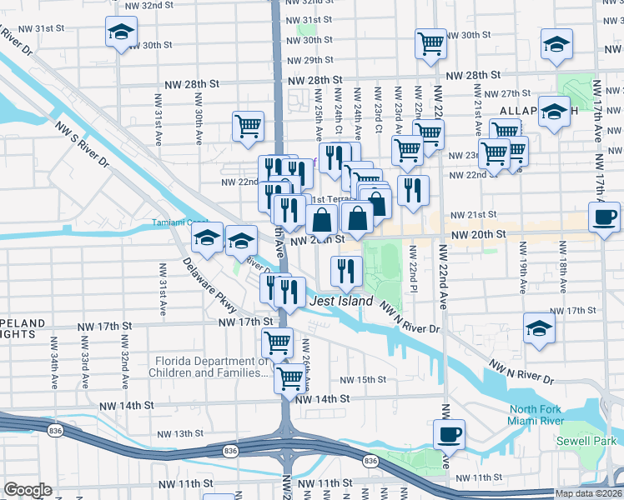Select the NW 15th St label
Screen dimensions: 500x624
pos(365,379)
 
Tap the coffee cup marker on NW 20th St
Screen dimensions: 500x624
pos(603,218)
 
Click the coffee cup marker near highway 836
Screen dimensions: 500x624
pos(449,433)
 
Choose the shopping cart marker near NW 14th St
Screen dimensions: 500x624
pos(289,377)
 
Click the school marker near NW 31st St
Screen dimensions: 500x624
pos(121,33)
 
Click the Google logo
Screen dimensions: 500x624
pos(28,490)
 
